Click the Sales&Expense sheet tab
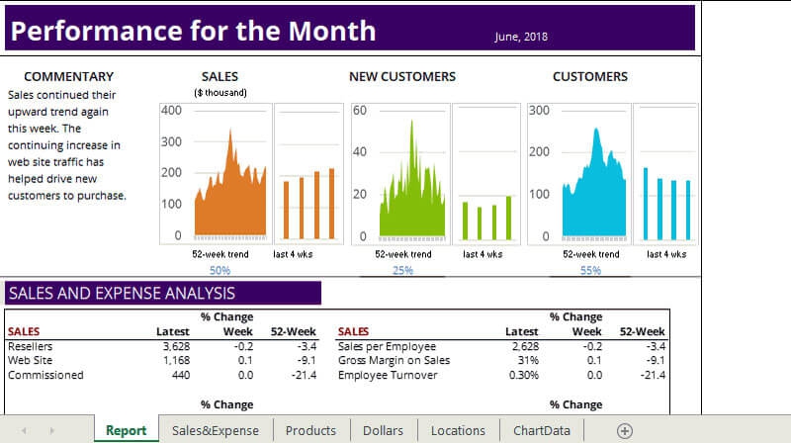[215, 430]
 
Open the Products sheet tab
[310, 430]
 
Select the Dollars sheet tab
[383, 430]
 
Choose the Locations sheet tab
[458, 430]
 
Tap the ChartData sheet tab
[541, 430]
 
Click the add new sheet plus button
[624, 430]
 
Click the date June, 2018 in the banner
[521, 37]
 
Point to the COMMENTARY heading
[68, 76]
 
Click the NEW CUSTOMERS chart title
[402, 76]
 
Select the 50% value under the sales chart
[220, 270]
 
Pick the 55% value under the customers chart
[590, 270]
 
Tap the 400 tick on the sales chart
[171, 110]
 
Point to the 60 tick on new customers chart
[360, 110]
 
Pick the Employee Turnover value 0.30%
[523, 375]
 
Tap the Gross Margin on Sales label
[394, 360]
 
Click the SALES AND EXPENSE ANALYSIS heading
[121, 293]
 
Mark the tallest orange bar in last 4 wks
[331, 203]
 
